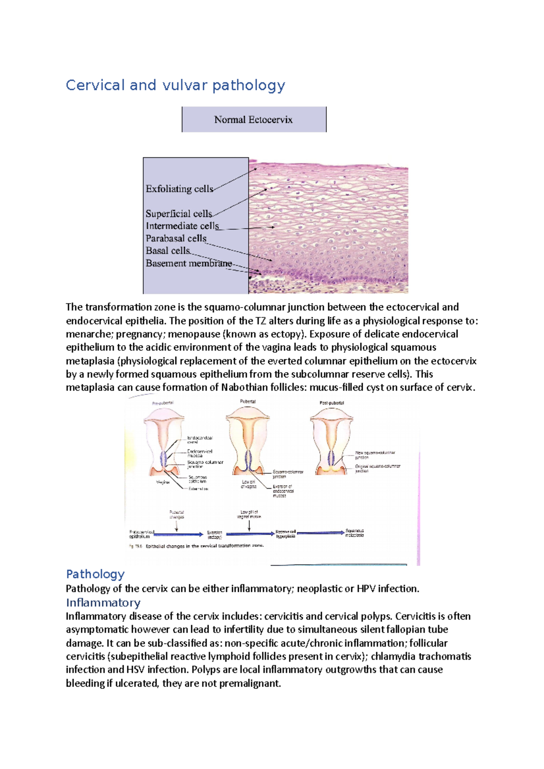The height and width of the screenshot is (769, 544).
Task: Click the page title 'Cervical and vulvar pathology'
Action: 175,85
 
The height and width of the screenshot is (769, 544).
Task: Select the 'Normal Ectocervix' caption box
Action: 253,120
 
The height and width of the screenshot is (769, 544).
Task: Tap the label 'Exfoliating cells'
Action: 179,189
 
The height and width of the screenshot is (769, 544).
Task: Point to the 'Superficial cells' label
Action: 179,213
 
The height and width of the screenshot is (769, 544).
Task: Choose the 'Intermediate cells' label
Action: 182,226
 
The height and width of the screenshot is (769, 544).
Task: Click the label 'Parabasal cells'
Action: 176,238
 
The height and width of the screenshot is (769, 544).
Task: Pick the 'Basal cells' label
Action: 168,250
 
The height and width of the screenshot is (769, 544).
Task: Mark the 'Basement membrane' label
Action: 188,263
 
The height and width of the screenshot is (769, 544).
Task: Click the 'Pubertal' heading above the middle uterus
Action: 248,401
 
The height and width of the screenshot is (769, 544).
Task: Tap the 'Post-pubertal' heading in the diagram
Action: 332,403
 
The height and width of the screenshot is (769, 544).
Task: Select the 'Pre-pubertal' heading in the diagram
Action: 163,403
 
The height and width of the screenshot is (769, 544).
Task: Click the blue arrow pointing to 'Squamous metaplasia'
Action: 320,533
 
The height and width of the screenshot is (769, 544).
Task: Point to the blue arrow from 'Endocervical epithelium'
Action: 178,534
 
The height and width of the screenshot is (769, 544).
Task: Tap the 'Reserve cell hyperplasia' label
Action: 286,533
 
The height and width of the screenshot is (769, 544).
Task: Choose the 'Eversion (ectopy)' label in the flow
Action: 214,535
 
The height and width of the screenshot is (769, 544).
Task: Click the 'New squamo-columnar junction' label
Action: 375,455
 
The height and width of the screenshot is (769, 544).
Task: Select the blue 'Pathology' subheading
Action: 95,574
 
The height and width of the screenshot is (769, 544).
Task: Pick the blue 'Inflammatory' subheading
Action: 103,603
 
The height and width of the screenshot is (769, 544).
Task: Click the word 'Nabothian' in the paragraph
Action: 245,388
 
